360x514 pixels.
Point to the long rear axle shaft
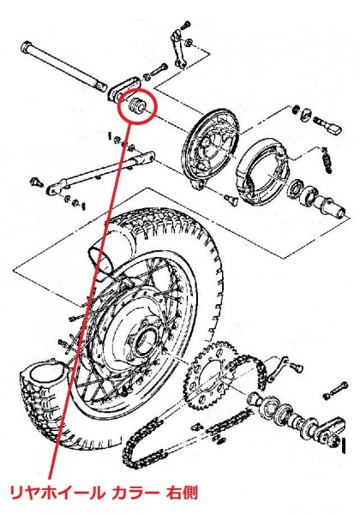coord(63,66)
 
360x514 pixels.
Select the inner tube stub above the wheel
coord(103,253)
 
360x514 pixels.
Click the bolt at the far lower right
coord(335,390)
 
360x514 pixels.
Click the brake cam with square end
coord(328,126)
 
